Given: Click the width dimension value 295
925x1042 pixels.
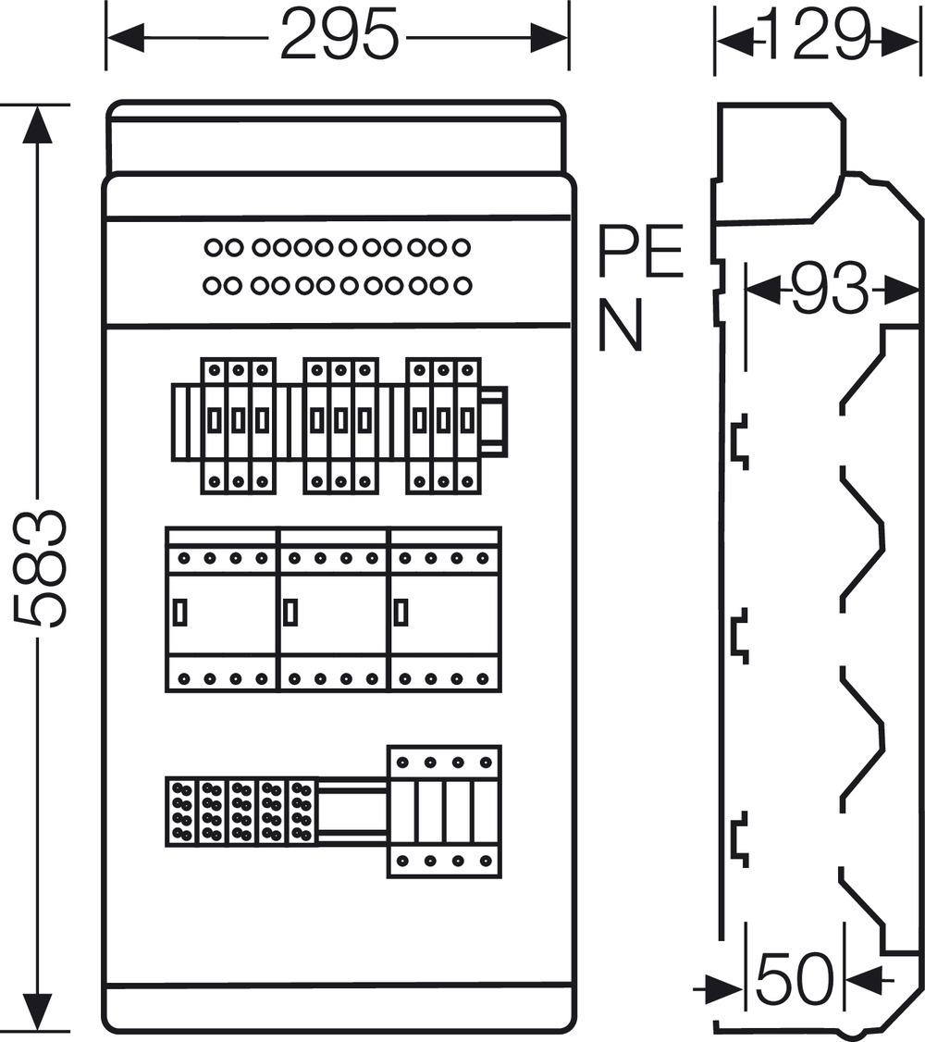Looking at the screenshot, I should [x=339, y=38].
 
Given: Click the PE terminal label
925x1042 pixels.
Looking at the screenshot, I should [x=640, y=252].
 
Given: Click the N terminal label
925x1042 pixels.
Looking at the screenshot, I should [x=621, y=328].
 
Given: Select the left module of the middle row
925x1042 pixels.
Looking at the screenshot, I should [x=222, y=610].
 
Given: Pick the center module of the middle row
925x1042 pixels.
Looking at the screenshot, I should [x=333, y=610].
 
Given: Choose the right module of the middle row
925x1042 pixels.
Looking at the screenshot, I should [x=445, y=610].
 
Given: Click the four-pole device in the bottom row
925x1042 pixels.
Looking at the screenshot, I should [x=444, y=811].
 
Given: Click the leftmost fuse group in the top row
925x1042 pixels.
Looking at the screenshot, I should [x=238, y=424].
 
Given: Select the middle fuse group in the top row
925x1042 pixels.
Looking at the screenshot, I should [x=340, y=424].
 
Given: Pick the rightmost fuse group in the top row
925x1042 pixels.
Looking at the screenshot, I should [x=443, y=424].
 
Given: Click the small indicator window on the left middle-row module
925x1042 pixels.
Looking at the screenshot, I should [x=180, y=611].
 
